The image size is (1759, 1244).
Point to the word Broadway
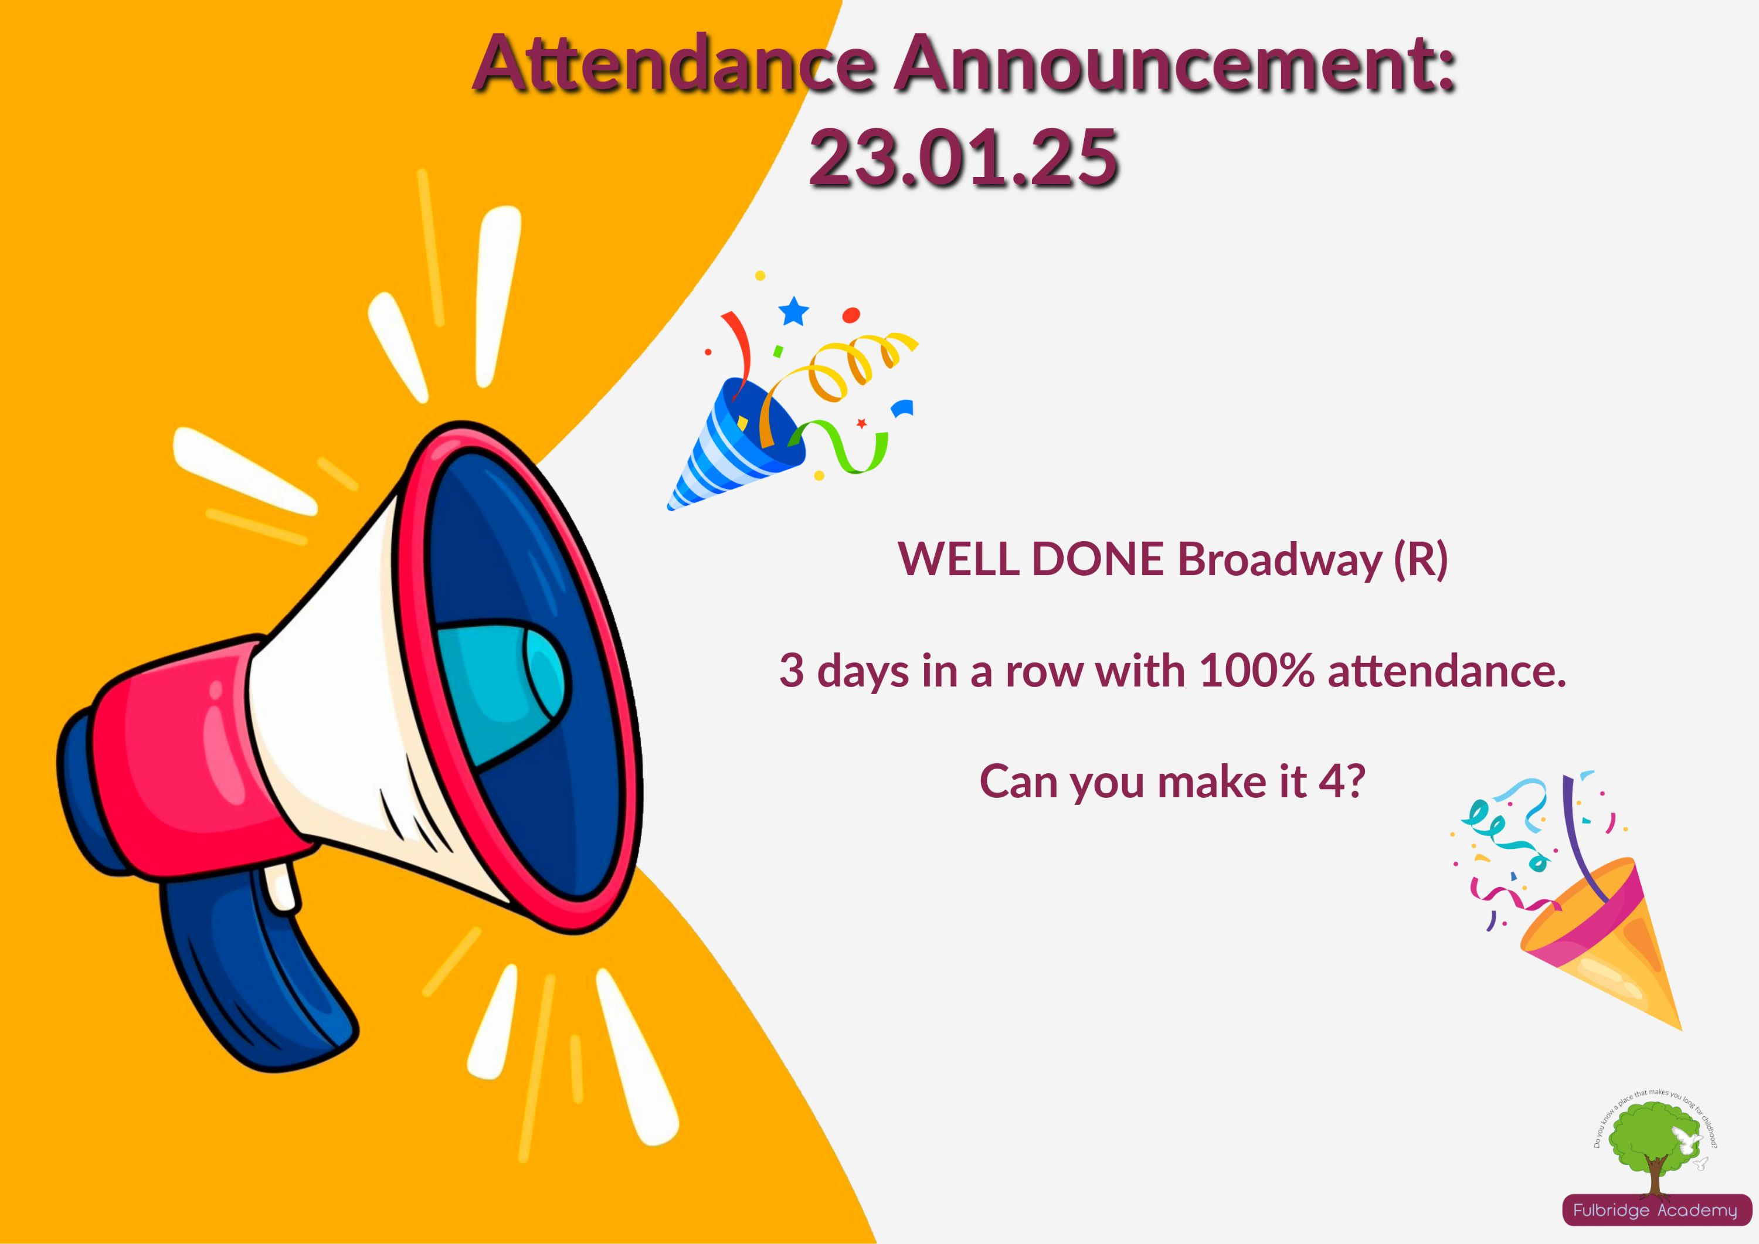1279,560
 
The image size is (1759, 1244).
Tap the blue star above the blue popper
794,311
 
